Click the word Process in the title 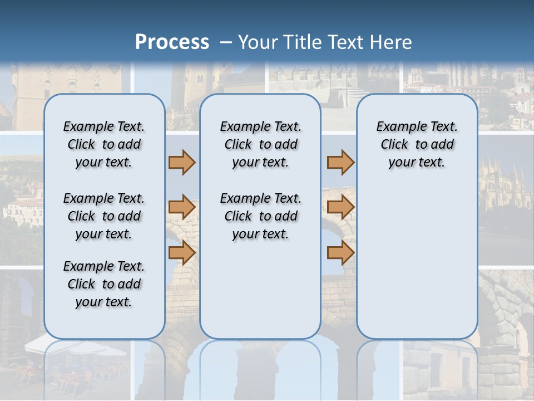tap(172, 42)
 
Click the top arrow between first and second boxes tap(182, 163)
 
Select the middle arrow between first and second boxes tap(182, 208)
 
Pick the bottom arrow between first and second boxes tap(182, 253)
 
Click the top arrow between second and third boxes tap(340, 163)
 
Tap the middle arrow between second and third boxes tap(340, 208)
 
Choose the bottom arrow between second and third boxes tap(340, 253)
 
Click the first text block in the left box tap(104, 144)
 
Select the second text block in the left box tap(104, 216)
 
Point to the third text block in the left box tap(104, 284)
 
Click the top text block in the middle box tap(260, 144)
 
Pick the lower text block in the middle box tap(260, 216)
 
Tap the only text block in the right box tap(417, 144)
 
